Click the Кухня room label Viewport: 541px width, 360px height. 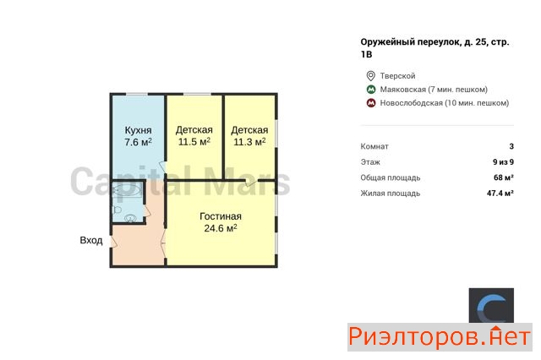[x=138, y=130]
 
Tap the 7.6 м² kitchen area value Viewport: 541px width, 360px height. [x=138, y=142]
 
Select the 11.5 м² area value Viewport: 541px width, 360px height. [x=194, y=141]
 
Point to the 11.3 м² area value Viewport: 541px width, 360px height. [x=249, y=141]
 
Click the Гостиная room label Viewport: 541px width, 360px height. [x=221, y=216]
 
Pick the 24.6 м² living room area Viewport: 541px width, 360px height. [x=221, y=228]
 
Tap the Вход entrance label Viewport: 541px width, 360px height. [x=91, y=240]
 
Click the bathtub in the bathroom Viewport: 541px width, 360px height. [x=127, y=190]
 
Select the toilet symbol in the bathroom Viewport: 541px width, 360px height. [x=117, y=210]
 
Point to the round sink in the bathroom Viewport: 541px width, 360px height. [x=130, y=218]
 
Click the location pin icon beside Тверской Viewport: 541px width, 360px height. [x=370, y=76]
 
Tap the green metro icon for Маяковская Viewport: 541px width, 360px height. [x=371, y=90]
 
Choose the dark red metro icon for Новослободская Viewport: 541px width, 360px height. [x=371, y=103]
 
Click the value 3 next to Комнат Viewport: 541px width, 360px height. [x=511, y=146]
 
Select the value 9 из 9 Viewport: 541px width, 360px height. [x=504, y=161]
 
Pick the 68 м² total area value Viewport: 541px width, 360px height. [x=504, y=177]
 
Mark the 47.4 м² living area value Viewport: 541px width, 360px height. [x=500, y=194]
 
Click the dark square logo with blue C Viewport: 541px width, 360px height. [x=491, y=306]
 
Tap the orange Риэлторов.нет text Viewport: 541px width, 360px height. [x=440, y=337]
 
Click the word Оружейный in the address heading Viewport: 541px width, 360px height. [x=388, y=42]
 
